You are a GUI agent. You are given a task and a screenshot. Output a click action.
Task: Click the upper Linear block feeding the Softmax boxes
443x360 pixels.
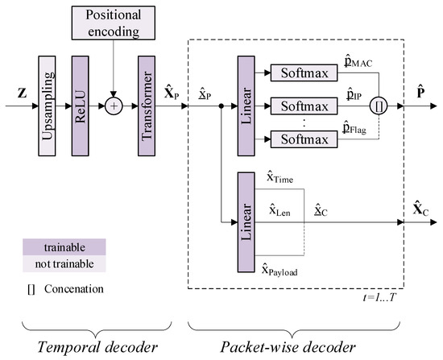click(x=247, y=104)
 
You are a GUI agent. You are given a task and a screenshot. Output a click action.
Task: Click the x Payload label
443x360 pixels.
click(x=284, y=271)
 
